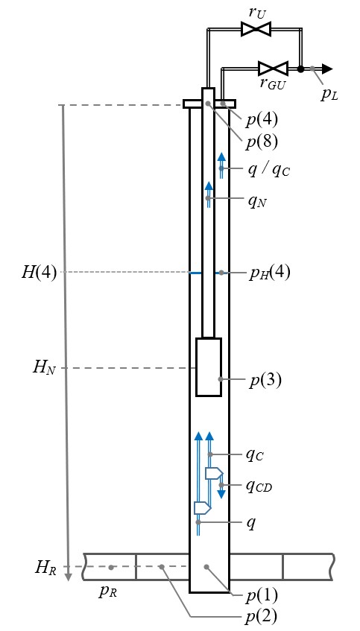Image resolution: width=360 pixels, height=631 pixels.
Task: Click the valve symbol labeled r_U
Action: [x=256, y=28]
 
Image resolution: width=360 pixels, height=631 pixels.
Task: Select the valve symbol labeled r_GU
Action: [x=273, y=69]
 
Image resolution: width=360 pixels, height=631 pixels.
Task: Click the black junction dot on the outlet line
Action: [x=300, y=69]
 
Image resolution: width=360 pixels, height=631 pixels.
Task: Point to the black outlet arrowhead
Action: [x=327, y=69]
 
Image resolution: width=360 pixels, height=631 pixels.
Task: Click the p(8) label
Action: [x=262, y=142]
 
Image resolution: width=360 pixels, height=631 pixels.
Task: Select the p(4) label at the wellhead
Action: [x=262, y=120]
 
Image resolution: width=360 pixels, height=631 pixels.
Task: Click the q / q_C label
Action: [x=268, y=171]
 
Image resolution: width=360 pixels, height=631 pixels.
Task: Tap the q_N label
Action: [x=257, y=200]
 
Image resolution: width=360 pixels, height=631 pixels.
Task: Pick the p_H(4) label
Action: [x=269, y=273]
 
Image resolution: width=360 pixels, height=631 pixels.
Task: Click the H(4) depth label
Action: [x=39, y=273]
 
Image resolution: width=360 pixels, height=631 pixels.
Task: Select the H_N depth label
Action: [x=44, y=368]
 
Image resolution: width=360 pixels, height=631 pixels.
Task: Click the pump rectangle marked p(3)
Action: [x=209, y=367]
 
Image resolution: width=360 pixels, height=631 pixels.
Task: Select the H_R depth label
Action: [x=45, y=568]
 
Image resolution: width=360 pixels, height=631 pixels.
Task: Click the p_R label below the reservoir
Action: [x=108, y=591]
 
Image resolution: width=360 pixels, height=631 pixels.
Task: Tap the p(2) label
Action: [x=262, y=616]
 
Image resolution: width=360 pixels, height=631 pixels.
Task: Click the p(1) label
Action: [x=262, y=595]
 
